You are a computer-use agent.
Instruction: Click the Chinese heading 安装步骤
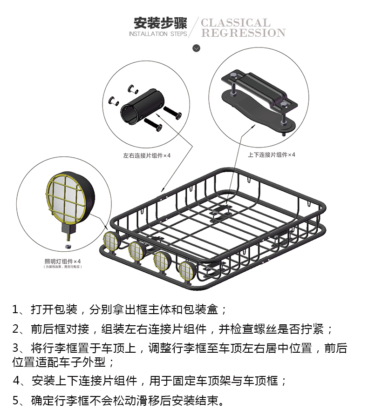(160, 23)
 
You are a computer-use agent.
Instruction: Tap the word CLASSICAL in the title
(236, 23)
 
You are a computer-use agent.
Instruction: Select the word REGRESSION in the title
(243, 33)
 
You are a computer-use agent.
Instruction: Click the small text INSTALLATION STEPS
(157, 34)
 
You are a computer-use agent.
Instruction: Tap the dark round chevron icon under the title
(196, 48)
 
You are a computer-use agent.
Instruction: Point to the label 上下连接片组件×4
(272, 155)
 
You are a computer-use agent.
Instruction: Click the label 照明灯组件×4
(63, 261)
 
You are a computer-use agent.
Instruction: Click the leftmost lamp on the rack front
(112, 240)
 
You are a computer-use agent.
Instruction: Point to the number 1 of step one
(15, 309)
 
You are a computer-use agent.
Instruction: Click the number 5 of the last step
(16, 400)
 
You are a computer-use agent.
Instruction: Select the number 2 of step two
(16, 329)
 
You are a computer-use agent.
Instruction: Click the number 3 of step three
(16, 349)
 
